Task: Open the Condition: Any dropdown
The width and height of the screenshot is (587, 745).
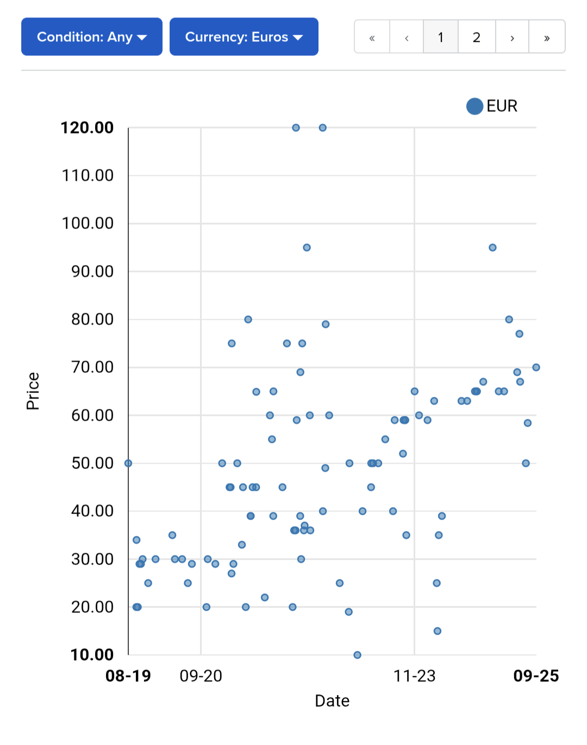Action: [91, 37]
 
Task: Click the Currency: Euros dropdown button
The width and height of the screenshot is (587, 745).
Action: [243, 37]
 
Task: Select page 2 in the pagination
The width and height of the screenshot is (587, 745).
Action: [476, 37]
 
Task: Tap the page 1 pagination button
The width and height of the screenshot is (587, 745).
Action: [440, 37]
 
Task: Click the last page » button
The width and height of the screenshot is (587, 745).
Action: [546, 37]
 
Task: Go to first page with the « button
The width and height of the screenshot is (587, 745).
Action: [372, 37]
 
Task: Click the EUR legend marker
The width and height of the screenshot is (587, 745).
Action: [474, 106]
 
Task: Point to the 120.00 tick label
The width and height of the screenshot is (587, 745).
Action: [87, 128]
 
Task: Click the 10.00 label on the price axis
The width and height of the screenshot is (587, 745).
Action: [92, 655]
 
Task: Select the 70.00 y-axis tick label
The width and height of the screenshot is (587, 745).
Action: [92, 368]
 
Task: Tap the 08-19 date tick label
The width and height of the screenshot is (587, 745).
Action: [128, 676]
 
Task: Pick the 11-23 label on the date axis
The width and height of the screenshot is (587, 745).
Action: [414, 676]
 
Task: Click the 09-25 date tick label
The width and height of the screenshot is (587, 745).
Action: [536, 676]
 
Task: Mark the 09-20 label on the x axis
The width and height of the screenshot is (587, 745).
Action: [201, 676]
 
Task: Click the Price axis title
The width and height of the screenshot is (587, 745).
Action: [33, 391]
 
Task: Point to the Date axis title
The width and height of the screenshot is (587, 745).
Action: [332, 701]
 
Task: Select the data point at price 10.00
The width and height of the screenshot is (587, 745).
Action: [357, 655]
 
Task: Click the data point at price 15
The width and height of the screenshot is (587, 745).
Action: [437, 631]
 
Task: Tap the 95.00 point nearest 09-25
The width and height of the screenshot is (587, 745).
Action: [492, 248]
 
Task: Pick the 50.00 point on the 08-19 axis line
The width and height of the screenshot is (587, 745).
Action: [128, 463]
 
